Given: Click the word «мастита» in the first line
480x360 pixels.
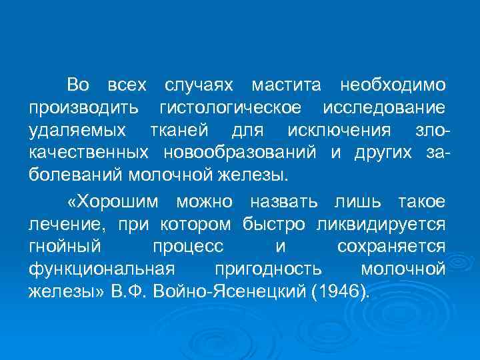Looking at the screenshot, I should (x=287, y=85).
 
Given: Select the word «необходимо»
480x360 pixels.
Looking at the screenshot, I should (x=393, y=85).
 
